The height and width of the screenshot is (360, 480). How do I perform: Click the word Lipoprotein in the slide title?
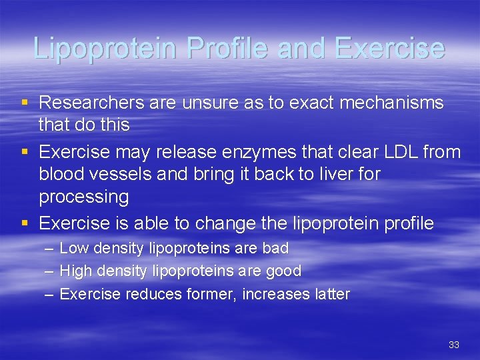[105, 48]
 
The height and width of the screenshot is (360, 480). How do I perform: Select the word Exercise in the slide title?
[390, 48]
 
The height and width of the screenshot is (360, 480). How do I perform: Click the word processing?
[83, 197]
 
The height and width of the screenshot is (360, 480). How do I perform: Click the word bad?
[275, 249]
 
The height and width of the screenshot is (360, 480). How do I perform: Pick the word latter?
[331, 294]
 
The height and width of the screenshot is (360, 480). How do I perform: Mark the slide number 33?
[454, 345]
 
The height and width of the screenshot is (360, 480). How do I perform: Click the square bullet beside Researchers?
[25, 103]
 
